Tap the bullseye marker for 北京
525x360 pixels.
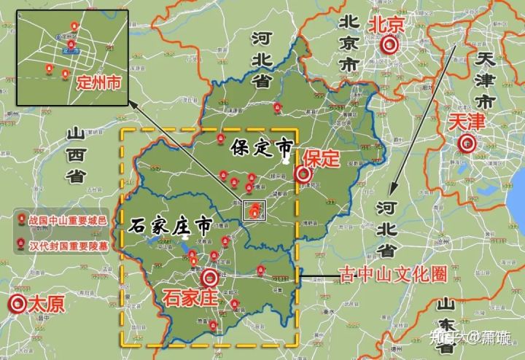point(390,45)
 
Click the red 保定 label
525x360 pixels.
point(322,157)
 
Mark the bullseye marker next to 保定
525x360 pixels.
point(303,174)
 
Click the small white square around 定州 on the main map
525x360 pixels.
point(254,211)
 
